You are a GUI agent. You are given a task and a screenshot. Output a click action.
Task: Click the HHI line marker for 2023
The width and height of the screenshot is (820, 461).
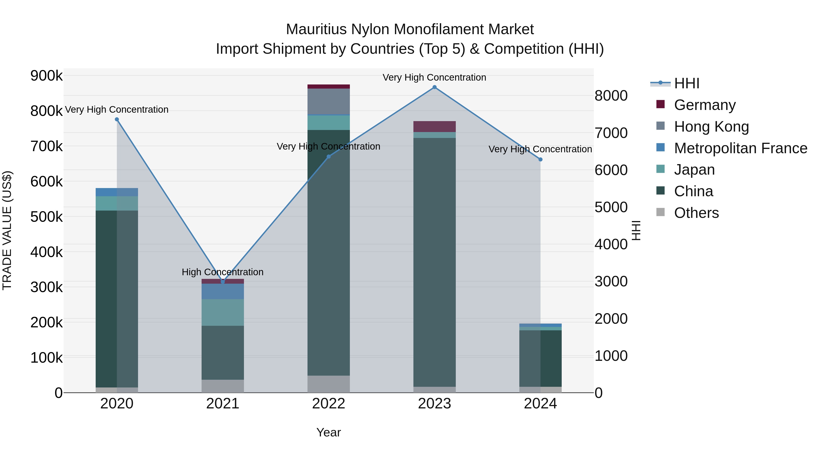click(x=435, y=87)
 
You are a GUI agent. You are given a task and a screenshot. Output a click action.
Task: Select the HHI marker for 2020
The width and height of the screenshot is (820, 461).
click(x=117, y=119)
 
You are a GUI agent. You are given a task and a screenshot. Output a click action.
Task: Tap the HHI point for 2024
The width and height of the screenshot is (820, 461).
click(x=540, y=159)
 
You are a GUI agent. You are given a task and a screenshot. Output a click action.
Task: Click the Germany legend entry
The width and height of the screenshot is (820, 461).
click(x=705, y=105)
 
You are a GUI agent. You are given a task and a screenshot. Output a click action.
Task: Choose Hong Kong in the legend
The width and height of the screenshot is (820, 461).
click(x=711, y=127)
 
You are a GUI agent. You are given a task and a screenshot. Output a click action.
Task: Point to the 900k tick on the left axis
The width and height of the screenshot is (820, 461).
click(x=46, y=76)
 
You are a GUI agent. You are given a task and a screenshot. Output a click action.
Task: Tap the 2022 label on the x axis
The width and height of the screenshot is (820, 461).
click(x=328, y=404)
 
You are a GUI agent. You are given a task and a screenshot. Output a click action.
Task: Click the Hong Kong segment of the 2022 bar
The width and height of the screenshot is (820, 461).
click(x=328, y=102)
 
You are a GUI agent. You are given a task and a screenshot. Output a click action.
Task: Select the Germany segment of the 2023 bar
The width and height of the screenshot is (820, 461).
click(x=435, y=127)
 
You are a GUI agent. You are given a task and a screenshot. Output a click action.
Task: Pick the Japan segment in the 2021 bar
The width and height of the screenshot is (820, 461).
click(x=223, y=312)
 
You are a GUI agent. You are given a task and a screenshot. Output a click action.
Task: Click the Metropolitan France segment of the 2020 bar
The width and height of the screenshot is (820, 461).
click(x=117, y=192)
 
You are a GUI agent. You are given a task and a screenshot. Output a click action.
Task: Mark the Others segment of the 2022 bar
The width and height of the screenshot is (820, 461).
click(x=328, y=384)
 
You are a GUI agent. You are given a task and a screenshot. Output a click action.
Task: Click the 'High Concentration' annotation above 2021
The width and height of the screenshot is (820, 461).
click(x=223, y=272)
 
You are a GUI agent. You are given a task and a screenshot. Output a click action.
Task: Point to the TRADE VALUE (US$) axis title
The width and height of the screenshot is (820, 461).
click(x=7, y=230)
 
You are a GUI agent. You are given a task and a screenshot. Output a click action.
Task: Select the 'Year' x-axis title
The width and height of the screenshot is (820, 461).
click(x=328, y=432)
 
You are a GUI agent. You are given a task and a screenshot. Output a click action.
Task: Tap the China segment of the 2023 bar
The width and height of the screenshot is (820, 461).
click(x=435, y=262)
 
